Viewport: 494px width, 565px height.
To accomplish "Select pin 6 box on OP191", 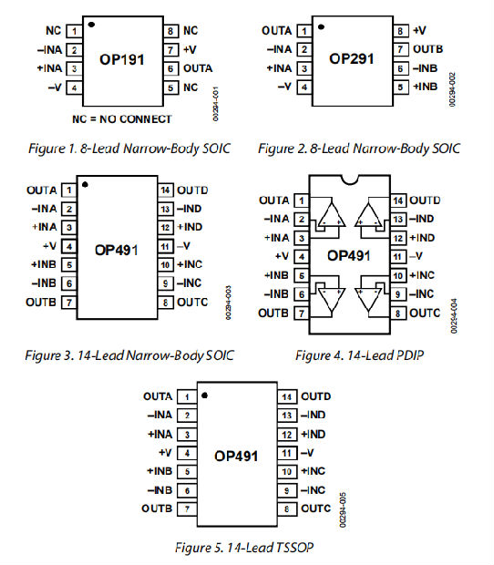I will pos(171,68).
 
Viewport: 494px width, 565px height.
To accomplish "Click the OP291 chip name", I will pos(351,58).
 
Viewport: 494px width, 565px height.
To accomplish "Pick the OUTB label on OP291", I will pos(427,49).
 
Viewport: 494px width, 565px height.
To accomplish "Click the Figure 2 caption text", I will pos(358,148).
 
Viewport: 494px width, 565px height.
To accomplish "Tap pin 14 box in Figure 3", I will pos(165,190).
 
